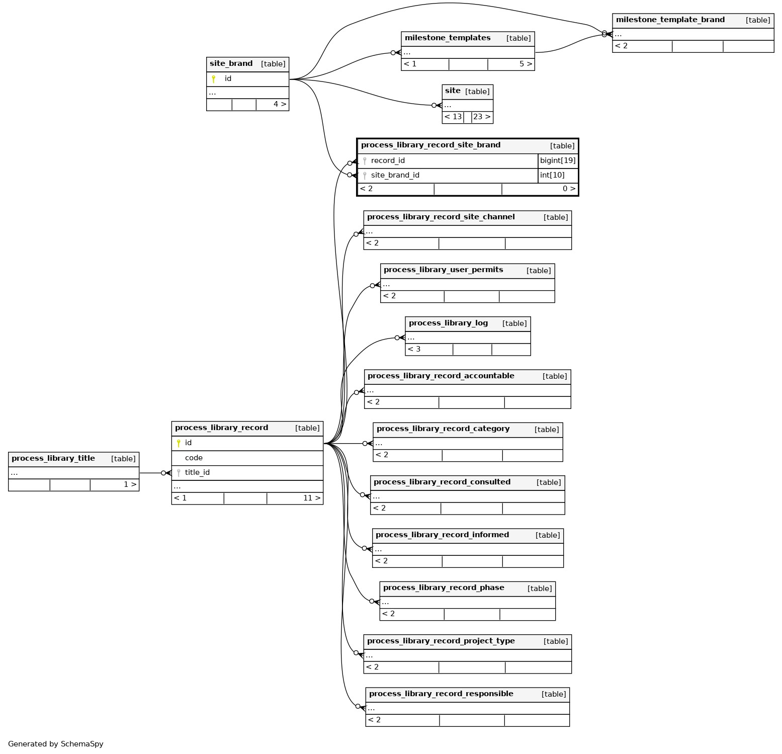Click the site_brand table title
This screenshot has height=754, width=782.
pos(231,64)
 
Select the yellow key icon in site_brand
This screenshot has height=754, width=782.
pos(214,79)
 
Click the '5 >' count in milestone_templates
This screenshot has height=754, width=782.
pos(526,64)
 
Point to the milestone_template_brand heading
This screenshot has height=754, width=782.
pos(670,20)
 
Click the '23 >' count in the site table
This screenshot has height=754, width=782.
pos(481,117)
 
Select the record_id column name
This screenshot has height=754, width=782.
pos(388,161)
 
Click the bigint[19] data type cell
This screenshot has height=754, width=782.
pos(557,161)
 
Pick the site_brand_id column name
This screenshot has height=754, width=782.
pos(395,176)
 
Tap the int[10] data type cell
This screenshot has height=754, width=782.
pos(552,176)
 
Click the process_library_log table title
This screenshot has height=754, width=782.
pos(448,323)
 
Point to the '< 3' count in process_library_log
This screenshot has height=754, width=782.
pos(414,350)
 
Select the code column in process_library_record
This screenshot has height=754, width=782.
pos(194,458)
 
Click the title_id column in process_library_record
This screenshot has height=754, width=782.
pos(197,473)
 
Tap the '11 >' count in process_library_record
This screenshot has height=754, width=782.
pos(311,498)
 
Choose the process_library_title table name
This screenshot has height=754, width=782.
pos(53,459)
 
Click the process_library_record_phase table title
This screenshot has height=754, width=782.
pos(444,588)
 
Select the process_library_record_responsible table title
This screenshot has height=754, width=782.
pos(441,694)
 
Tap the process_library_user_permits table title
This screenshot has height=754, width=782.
pos(443,270)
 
